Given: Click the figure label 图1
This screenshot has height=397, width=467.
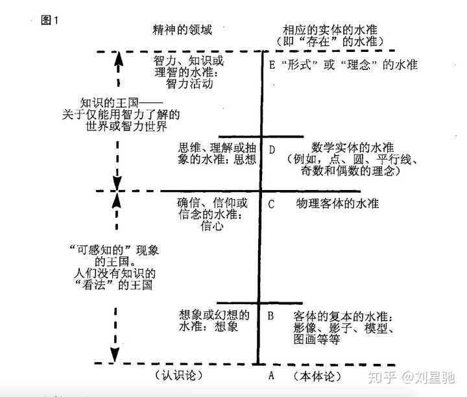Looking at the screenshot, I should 50,20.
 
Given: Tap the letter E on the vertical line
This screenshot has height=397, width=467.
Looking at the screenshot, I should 272,66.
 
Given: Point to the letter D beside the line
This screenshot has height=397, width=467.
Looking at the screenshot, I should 272,149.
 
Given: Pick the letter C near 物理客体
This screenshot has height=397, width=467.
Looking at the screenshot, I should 272,204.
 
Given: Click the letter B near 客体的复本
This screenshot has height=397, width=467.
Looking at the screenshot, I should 272,316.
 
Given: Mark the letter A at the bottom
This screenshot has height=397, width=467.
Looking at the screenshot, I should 272,376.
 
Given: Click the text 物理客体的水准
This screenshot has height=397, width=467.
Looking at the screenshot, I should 337,204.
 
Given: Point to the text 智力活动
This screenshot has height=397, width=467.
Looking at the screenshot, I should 183,84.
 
